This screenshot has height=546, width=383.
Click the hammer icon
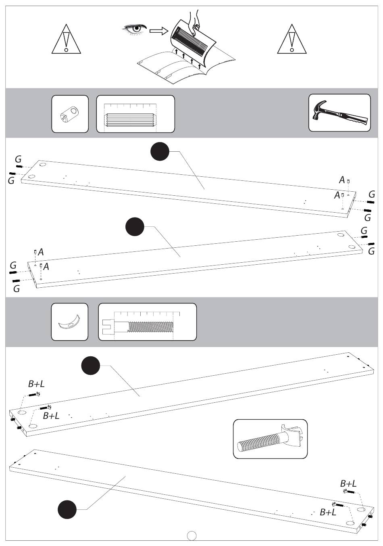point(339,113)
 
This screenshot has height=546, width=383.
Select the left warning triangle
point(66,39)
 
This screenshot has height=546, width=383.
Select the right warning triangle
point(292,39)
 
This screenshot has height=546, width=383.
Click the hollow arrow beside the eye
point(159,31)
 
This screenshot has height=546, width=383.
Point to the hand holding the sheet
point(195,21)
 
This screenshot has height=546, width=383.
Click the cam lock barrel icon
point(70,114)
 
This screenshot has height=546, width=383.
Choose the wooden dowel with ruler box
point(135,114)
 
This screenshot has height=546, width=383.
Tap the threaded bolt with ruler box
point(147,322)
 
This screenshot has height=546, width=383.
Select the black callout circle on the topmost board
point(160,151)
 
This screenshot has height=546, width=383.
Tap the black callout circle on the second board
point(135,227)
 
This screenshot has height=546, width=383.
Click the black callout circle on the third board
point(91,366)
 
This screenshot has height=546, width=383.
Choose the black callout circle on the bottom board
point(67,509)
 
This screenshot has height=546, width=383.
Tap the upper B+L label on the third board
point(36,384)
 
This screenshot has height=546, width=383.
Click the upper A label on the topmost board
point(342,180)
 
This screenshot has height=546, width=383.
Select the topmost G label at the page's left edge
point(18,159)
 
